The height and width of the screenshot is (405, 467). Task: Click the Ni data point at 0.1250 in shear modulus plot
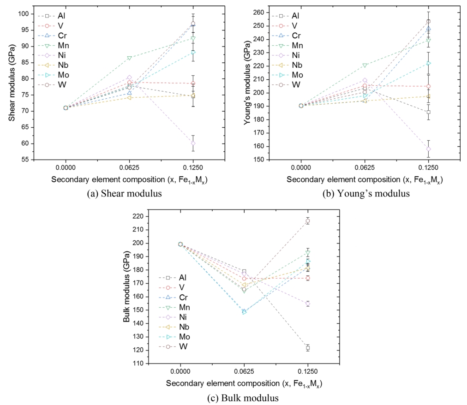pos(193,143)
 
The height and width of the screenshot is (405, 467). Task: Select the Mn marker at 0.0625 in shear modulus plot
pos(130,58)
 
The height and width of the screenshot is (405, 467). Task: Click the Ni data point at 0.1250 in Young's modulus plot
pos(429,149)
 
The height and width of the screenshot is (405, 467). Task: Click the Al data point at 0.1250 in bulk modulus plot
pos(308,348)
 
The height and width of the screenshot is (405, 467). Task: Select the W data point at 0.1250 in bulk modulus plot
pos(308,221)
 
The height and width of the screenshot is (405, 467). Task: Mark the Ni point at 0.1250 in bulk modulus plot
pos(308,304)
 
